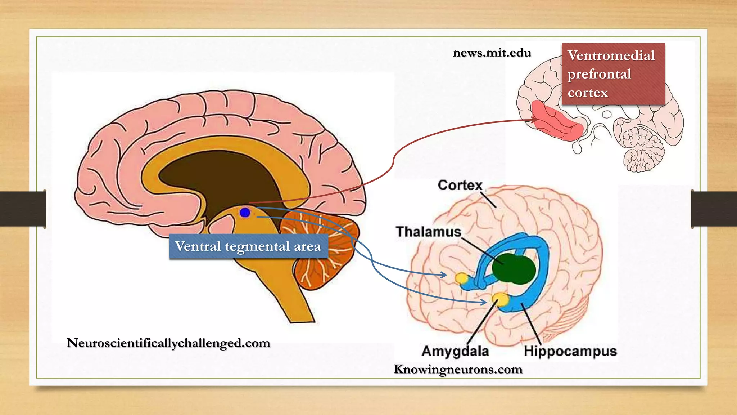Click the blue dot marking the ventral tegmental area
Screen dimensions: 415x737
(245, 213)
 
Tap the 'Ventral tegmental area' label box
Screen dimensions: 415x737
(248, 246)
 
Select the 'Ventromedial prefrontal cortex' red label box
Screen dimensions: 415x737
(613, 74)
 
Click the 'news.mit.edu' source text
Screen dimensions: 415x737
(492, 53)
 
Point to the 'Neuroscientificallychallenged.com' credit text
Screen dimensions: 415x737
(168, 343)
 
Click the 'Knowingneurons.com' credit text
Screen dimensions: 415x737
(458, 369)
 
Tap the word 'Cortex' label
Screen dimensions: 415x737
(460, 185)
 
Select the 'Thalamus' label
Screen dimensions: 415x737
(428, 232)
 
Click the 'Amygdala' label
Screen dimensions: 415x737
(455, 351)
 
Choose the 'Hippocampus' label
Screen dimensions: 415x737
(570, 351)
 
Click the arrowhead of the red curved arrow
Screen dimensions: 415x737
(535, 120)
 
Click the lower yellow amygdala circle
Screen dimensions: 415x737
(501, 299)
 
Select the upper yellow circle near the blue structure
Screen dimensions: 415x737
(461, 278)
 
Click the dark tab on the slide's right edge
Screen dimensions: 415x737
(714, 209)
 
